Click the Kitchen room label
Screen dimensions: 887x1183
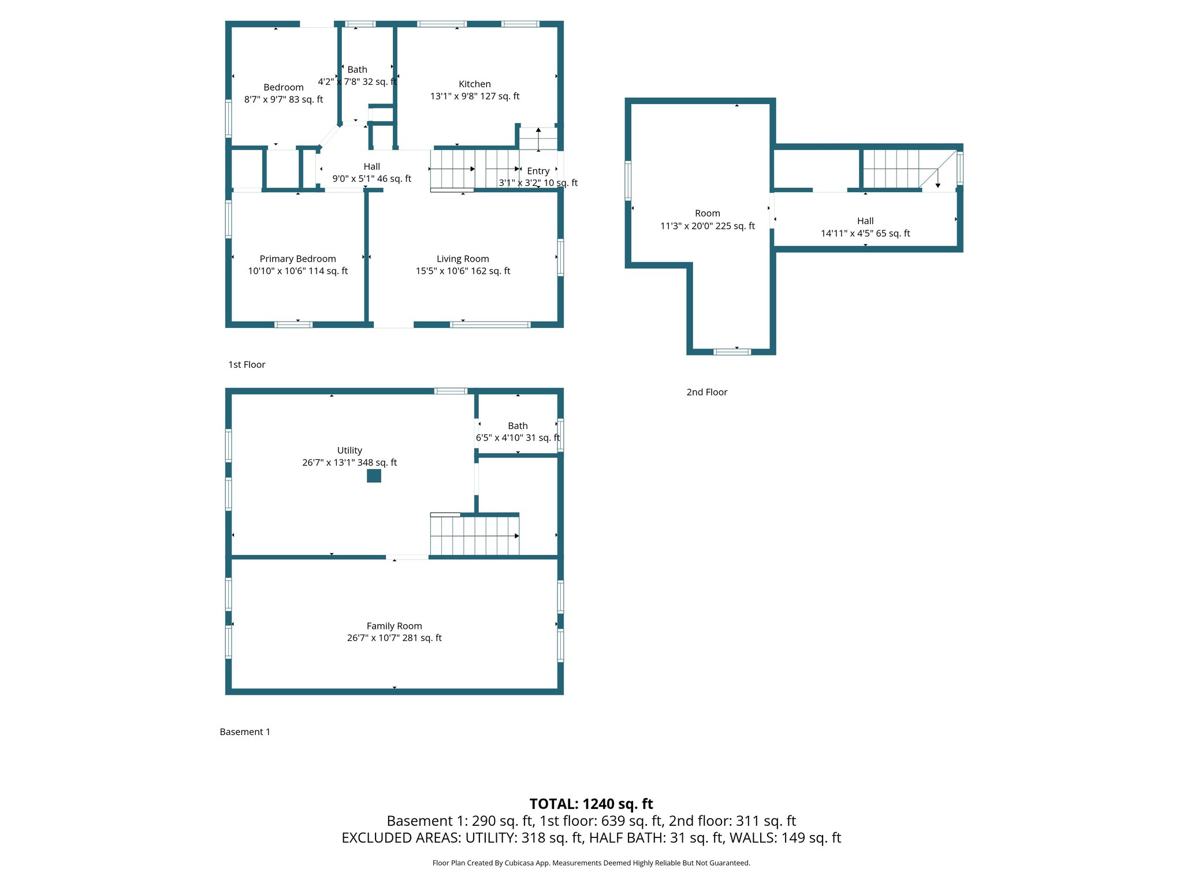(474, 84)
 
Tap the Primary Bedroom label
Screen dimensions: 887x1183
(297, 259)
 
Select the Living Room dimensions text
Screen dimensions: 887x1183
(463, 271)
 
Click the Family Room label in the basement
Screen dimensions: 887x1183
(394, 626)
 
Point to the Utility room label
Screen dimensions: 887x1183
(349, 450)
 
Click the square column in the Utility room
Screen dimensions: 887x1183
(374, 476)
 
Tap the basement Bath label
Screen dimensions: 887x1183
(518, 426)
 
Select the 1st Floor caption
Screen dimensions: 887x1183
(247, 364)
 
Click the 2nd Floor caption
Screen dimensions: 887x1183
(706, 392)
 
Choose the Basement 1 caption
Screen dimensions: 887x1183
(245, 732)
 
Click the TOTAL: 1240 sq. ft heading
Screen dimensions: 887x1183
(591, 804)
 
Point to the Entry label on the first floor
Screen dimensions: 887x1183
(538, 171)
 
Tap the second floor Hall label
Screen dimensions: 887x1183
(865, 221)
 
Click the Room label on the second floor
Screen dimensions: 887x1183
(707, 214)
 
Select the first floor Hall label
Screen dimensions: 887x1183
(371, 167)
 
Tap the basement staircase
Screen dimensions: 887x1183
(474, 535)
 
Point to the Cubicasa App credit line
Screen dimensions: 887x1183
(591, 863)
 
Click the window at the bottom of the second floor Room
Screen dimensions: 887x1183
(732, 352)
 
